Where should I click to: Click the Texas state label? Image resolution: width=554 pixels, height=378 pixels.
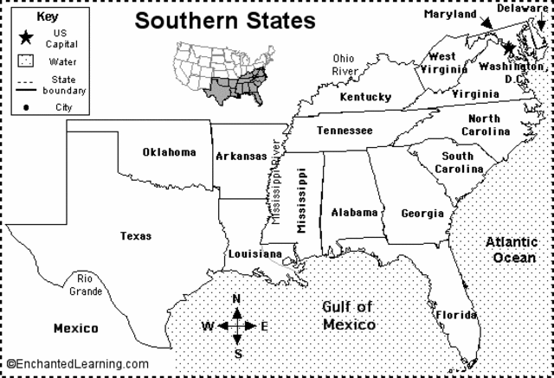[x=136, y=235]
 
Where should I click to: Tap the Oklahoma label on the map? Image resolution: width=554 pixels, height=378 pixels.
[x=170, y=153]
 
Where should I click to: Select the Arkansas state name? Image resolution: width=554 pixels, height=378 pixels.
[x=241, y=157]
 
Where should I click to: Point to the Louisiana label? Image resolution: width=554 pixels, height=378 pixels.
[x=254, y=254]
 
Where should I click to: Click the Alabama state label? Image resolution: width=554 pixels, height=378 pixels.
[x=354, y=212]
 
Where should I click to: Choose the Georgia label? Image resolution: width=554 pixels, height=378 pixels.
[x=422, y=214]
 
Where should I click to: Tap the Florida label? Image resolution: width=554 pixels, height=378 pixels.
[x=455, y=314]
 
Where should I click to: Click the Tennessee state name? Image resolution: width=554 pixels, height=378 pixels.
[x=344, y=131]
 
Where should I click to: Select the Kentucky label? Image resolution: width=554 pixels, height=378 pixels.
[x=365, y=97]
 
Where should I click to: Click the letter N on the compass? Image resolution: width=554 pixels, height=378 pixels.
[x=238, y=299]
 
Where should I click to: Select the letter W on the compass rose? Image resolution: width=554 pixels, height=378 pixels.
[x=208, y=326]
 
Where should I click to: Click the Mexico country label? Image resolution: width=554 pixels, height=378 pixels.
[x=75, y=329]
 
